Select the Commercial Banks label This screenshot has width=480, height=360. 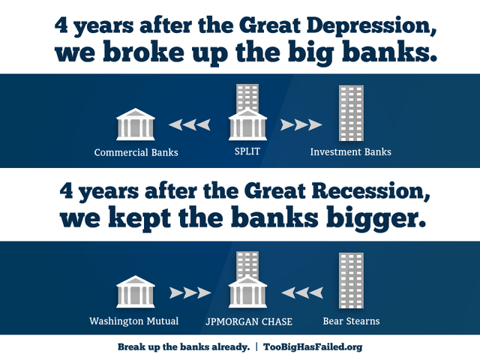(136, 152)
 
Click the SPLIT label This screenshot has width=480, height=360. (247, 152)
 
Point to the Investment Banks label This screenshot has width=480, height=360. (350, 152)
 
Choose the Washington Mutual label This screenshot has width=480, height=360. (134, 321)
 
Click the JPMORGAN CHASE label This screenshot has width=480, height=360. (248, 321)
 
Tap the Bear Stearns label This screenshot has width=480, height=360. (351, 321)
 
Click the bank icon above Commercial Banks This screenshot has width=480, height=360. (136, 124)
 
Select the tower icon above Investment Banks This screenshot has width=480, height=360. (351, 112)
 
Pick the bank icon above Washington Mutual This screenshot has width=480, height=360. (136, 292)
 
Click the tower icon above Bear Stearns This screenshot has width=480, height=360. (351, 280)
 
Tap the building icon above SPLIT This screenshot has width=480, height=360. (247, 112)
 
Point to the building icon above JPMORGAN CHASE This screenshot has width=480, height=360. (247, 280)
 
